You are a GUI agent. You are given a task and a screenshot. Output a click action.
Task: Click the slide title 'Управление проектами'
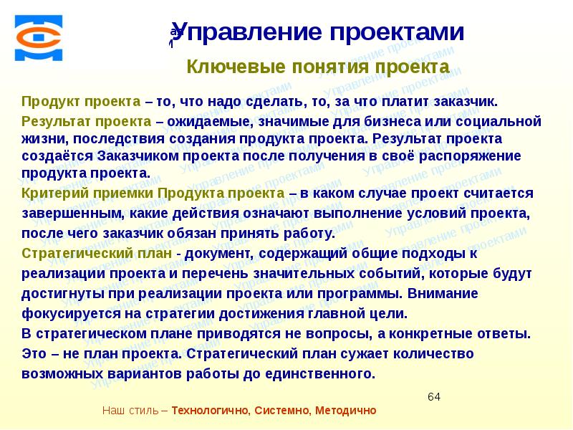tap(318, 32)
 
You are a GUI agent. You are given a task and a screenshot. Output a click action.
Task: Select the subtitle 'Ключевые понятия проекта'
tap(318, 67)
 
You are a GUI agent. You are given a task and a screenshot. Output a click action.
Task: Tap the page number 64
tap(434, 397)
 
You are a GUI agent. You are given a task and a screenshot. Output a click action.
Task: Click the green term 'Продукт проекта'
tap(64, 101)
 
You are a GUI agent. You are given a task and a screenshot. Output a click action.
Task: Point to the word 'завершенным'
tap(64, 213)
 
